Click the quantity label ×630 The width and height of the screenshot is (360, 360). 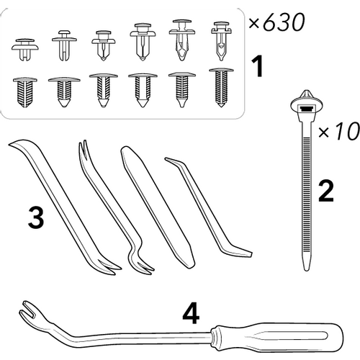(276, 22)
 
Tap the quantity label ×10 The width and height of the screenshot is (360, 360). (339, 132)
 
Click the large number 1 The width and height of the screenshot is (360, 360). (257, 66)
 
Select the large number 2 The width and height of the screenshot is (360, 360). (326, 191)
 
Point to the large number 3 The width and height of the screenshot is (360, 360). (36, 217)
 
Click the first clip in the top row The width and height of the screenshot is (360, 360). (25, 49)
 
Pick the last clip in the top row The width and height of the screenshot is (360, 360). (221, 41)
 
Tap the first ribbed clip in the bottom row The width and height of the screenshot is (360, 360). (25, 92)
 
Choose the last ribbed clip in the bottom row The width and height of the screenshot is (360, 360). (221, 87)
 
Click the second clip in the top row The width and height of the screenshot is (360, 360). (64, 45)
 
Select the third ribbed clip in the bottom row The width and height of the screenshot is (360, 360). (104, 90)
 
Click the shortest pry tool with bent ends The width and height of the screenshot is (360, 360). (208, 207)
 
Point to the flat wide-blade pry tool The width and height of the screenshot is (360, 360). (157, 207)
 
